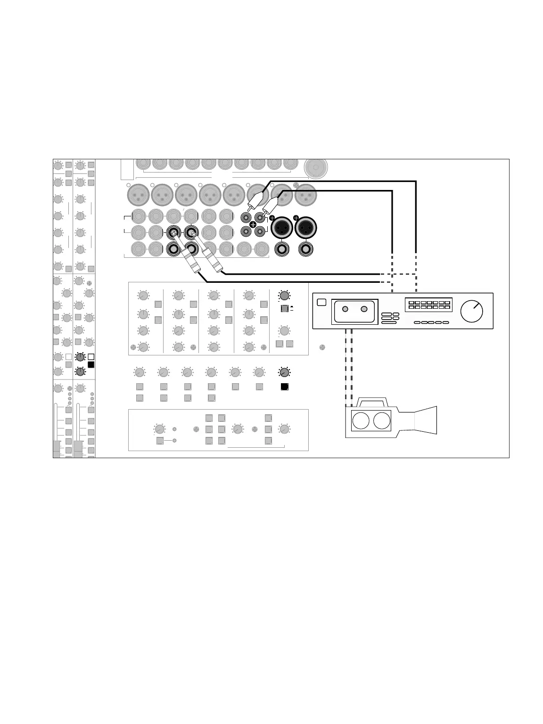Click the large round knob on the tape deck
coord(472,311)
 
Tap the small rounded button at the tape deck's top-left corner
coord(321,302)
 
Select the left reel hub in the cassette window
coord(345,309)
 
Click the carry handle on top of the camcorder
coord(372,402)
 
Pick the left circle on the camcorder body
coord(361,420)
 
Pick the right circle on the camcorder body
coord(382,420)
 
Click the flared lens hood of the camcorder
coord(426,420)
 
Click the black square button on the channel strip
coord(91,364)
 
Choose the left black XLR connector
coord(282,229)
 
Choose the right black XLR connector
coord(306,229)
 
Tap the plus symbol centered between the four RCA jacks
coord(253,224)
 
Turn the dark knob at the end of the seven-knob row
coord(284,372)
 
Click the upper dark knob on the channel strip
coord(80,357)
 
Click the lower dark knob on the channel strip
coord(80,371)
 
